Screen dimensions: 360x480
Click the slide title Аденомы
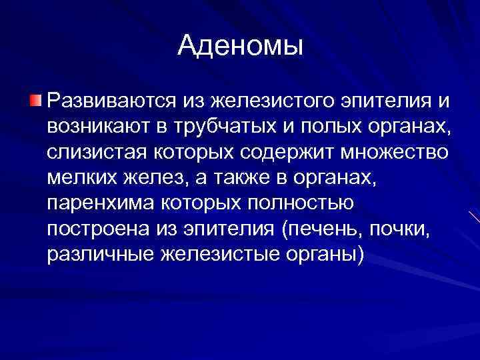click(x=240, y=45)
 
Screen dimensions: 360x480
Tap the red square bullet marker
click(x=35, y=101)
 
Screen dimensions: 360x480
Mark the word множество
click(x=397, y=153)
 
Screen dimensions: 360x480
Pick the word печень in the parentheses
click(x=319, y=229)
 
